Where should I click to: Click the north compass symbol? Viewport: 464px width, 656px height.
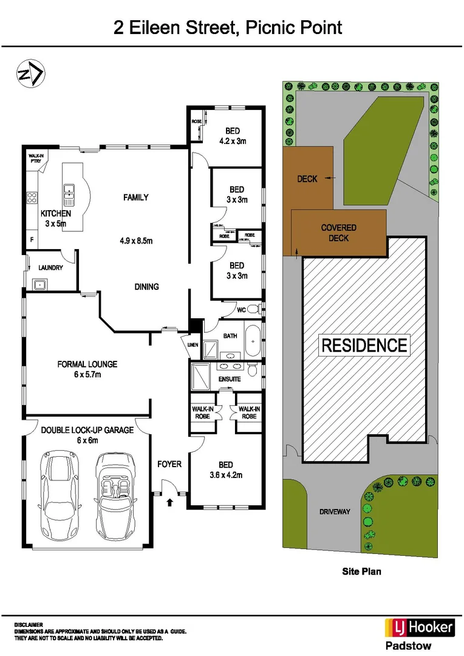pos(30,74)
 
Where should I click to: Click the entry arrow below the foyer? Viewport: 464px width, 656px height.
pos(169,502)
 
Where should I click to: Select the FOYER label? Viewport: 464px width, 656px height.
pos(169,464)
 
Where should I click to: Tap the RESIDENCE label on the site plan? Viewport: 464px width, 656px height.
pos(364,346)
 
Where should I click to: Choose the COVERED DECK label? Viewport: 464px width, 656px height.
pos(338,233)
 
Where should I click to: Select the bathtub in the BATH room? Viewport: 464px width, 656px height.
pos(252,342)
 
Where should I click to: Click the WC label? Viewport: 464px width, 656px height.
pos(241,310)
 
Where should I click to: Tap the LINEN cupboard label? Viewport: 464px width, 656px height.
pos(193,346)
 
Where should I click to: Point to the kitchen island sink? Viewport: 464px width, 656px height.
pos(69,194)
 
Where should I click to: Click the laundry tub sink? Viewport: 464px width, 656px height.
pos(40,284)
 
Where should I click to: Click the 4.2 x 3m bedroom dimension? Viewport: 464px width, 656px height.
pos(232,141)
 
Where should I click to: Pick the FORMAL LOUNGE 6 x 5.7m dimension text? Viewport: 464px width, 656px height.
pos(87,375)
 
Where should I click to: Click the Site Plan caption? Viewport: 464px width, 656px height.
pos(361,571)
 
